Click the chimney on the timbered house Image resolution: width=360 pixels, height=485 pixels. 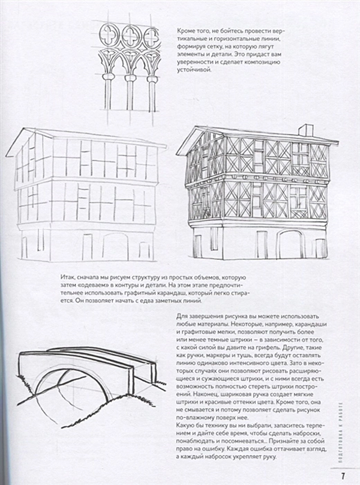(x=306, y=130)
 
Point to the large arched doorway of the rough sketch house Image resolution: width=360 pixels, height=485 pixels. (x=115, y=247)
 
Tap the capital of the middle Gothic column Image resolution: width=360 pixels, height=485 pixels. (x=130, y=77)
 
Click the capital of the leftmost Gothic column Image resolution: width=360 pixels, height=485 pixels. (x=109, y=77)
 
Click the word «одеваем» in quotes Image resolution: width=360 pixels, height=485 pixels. (x=95, y=285)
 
